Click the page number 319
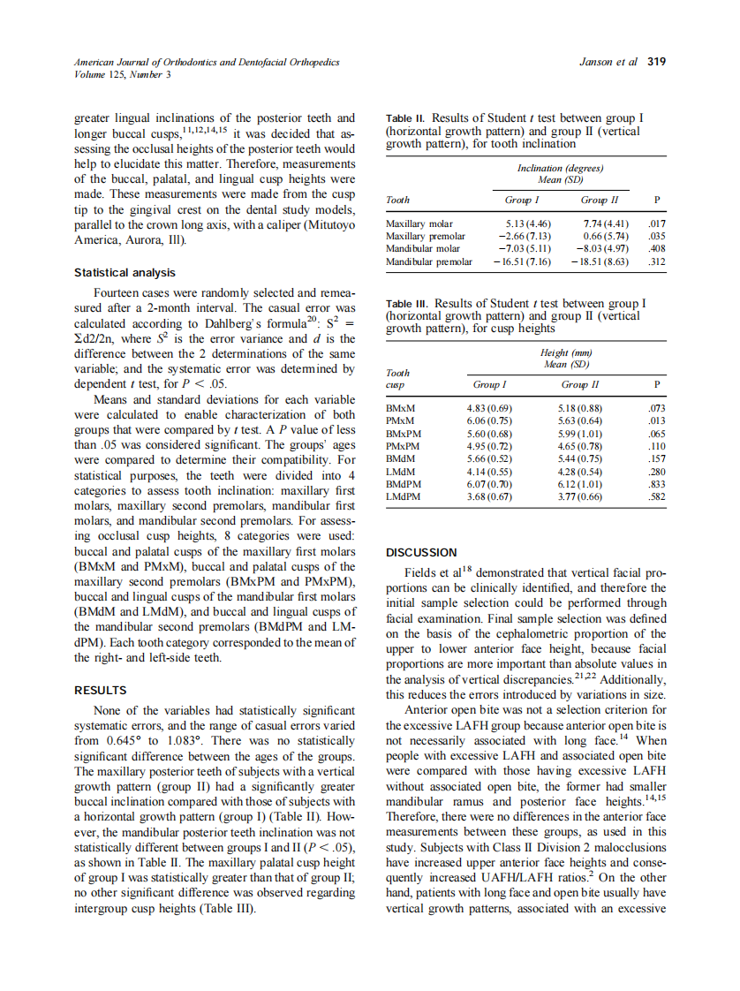pos(656,62)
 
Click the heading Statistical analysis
pos(125,273)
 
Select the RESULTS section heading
pos(100,690)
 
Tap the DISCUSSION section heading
pos(422,552)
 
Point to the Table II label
pos(406,117)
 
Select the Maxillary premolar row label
pos(426,237)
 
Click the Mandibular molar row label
pos(424,249)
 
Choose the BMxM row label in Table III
pos(402,409)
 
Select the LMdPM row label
pos(404,496)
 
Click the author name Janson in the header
pos(597,62)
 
